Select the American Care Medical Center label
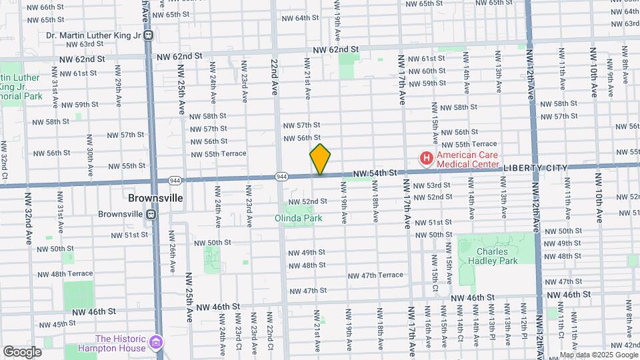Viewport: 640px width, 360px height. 466,159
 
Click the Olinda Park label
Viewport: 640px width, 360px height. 299,217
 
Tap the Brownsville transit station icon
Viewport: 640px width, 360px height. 151,214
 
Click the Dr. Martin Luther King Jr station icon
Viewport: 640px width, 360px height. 149,35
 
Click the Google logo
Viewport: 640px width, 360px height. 23,351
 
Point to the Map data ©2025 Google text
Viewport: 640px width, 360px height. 598,354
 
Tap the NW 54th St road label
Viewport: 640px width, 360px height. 375,173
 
